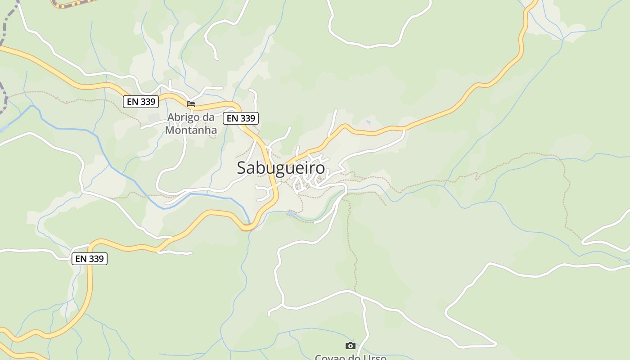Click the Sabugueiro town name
(280, 167)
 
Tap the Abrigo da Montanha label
(191, 124)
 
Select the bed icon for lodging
(191, 104)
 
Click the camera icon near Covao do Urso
(350, 346)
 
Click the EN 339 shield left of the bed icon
(141, 102)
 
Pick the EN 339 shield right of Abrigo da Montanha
(241, 118)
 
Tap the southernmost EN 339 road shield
(90, 259)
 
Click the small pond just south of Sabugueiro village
(292, 213)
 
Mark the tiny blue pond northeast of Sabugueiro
(369, 122)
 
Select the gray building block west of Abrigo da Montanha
(153, 118)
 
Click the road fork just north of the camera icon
(363, 298)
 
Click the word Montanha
(191, 130)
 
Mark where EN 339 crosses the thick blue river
(247, 227)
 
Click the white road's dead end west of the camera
(270, 314)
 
